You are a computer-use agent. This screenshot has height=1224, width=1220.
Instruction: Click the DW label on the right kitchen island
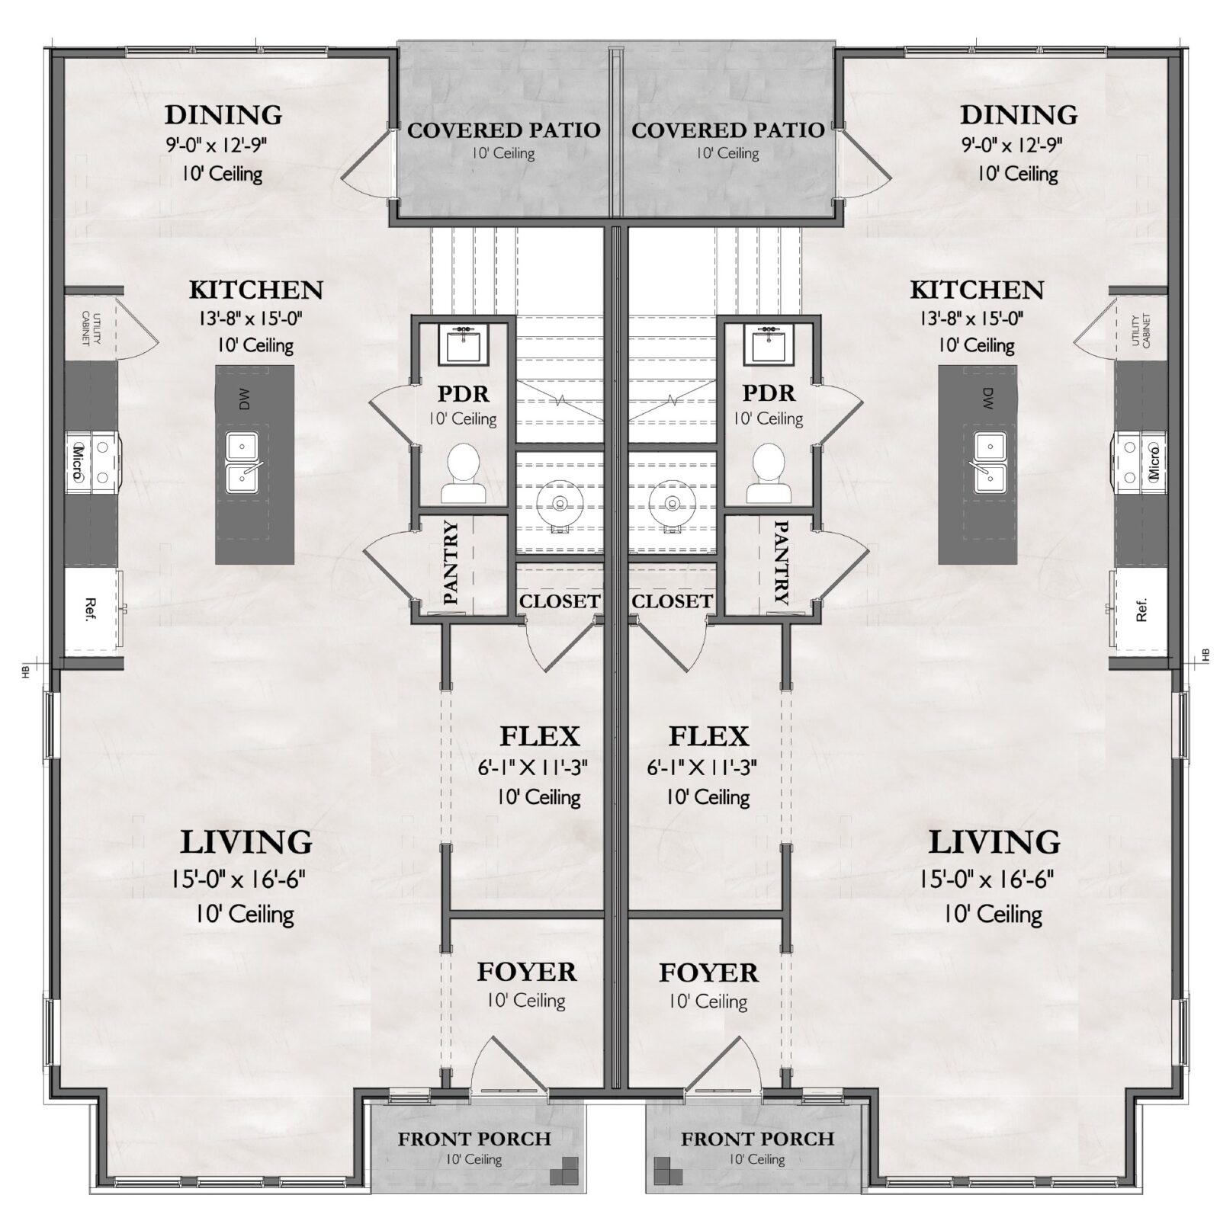(x=987, y=398)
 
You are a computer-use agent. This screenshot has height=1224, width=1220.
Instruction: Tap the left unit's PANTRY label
(x=450, y=562)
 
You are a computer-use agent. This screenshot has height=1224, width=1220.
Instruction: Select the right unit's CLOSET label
(x=672, y=601)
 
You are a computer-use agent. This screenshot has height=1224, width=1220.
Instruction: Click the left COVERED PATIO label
(x=503, y=130)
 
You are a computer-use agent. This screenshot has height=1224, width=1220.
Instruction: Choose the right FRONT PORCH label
(x=757, y=1139)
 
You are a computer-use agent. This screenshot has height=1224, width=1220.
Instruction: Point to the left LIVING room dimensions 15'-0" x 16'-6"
(x=238, y=880)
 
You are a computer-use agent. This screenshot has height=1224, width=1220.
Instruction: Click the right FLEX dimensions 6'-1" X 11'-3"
(x=701, y=768)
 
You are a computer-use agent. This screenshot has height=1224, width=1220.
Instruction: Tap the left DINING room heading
(x=223, y=115)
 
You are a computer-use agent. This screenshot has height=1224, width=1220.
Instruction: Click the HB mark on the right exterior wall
(x=1206, y=655)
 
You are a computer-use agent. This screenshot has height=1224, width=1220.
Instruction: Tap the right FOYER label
(x=708, y=972)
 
